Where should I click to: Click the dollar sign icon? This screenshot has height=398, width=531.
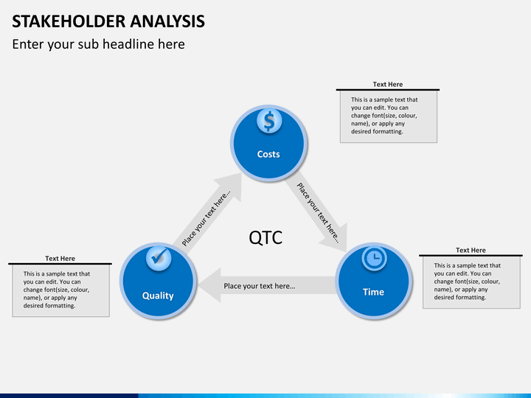click(269, 121)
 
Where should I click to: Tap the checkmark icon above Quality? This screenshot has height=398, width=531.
click(159, 258)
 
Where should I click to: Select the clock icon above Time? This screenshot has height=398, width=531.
click(374, 259)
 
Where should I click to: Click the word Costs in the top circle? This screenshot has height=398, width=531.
click(268, 154)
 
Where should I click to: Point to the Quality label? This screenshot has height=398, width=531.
click(158, 296)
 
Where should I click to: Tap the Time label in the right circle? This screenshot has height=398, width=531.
click(373, 292)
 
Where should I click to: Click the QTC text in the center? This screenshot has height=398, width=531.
click(265, 237)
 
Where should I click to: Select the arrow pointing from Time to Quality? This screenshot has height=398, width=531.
click(267, 285)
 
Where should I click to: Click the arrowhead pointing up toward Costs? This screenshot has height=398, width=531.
click(229, 186)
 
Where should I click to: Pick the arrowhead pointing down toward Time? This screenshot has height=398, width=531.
click(336, 238)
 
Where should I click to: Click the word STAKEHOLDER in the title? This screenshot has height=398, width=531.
click(69, 21)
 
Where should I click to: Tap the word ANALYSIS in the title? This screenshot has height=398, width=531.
click(167, 21)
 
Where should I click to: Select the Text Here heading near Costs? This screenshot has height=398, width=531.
click(388, 84)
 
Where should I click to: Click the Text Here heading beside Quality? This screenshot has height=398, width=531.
click(60, 259)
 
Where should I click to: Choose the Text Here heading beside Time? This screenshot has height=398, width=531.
click(471, 251)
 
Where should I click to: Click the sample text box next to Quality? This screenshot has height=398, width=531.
click(61, 290)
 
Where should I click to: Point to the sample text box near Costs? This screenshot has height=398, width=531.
click(389, 116)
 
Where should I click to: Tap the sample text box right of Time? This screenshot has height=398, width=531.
click(471, 282)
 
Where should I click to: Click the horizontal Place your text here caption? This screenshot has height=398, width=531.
click(260, 286)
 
